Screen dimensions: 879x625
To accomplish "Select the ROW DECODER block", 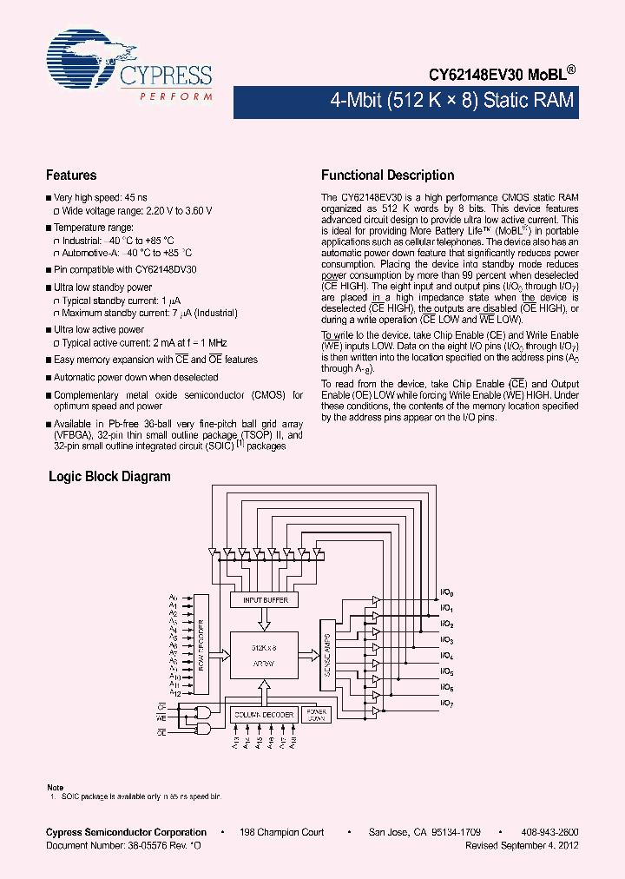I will pos(201,644).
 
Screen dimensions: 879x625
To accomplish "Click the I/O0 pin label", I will pos(447,593).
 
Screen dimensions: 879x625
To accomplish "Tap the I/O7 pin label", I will pos(447,703).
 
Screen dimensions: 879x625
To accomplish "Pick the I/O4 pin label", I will pos(447,656).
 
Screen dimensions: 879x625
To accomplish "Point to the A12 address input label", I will pos(174,693).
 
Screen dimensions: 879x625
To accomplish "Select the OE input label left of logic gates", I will pos(161,733).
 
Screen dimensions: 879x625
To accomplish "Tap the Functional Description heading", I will pos(387,175).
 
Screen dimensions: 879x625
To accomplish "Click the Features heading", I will pos(71,175).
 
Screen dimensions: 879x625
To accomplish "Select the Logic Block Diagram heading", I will pos(109,477).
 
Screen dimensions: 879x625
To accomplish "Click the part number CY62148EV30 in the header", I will pos(473,76).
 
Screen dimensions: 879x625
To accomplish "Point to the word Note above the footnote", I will pos(55,787).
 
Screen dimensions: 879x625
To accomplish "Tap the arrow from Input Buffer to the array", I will pos(263,618).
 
